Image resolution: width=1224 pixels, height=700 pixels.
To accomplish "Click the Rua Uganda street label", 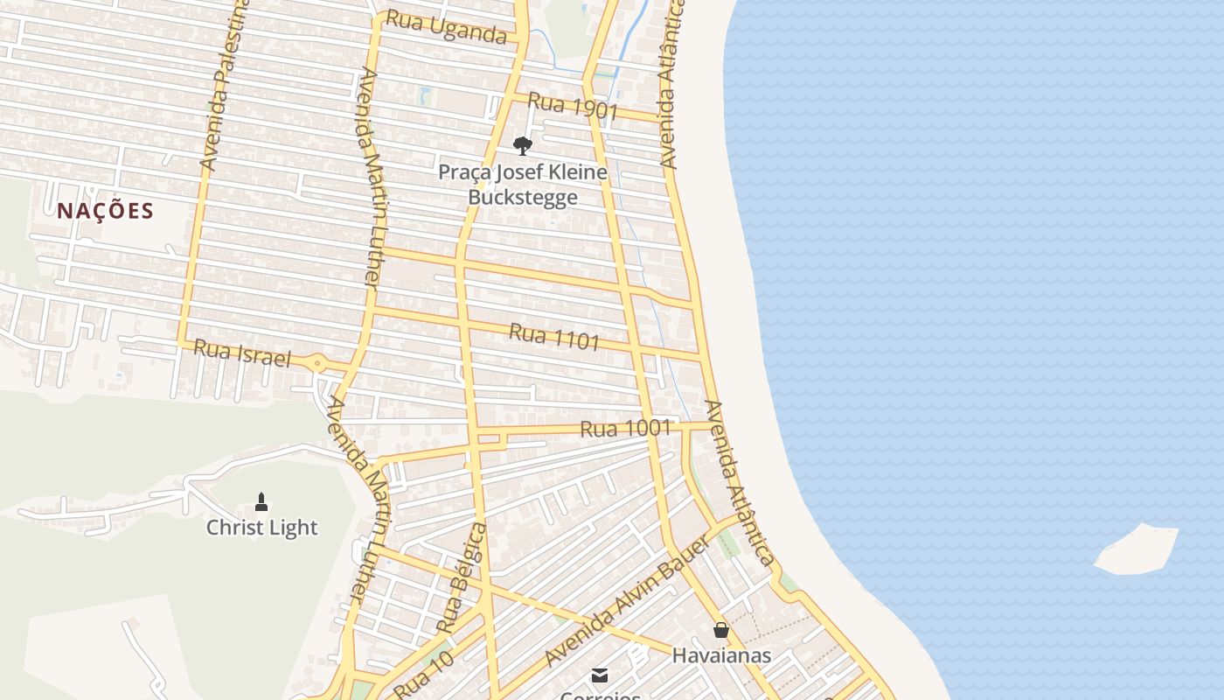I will [x=446, y=27].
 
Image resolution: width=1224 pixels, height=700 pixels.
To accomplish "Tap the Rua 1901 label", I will [x=573, y=106].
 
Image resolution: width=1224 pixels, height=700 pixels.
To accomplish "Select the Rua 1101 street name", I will [x=554, y=336].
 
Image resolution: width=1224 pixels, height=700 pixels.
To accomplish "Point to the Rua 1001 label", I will [x=626, y=429].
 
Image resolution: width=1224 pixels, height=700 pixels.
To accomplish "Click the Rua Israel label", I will [x=241, y=353].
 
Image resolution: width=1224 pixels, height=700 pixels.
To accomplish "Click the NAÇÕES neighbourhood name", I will [x=106, y=211].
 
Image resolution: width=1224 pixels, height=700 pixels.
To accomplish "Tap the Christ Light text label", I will [x=261, y=528].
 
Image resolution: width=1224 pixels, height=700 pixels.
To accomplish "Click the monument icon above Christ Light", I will [x=261, y=502].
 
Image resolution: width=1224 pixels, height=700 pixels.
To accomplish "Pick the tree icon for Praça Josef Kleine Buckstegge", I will [x=523, y=145].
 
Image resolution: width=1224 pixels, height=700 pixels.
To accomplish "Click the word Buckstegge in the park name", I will [x=523, y=197].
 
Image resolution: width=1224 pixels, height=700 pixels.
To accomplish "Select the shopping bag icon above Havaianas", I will [x=721, y=630].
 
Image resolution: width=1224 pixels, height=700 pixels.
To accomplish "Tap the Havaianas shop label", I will [x=721, y=654].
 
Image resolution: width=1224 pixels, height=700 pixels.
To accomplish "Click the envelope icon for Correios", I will [x=600, y=675].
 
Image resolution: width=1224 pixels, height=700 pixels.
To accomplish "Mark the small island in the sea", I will [x=1137, y=549].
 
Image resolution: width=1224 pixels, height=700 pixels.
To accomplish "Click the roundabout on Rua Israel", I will [x=317, y=363].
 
